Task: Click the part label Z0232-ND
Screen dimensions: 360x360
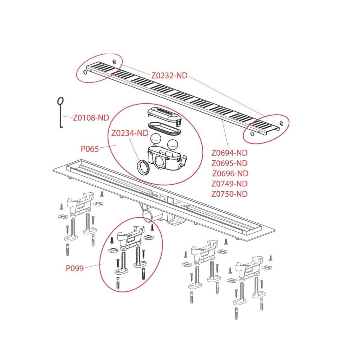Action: [x=169, y=76]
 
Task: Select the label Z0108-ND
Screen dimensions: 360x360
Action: [x=91, y=118]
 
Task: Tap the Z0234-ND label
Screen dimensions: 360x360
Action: [x=130, y=133]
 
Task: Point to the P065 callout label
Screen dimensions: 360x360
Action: [x=90, y=149]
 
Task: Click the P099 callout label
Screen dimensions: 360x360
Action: [x=75, y=268]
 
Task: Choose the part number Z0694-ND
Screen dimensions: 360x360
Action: [x=229, y=153]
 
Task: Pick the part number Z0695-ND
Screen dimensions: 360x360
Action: [x=229, y=163]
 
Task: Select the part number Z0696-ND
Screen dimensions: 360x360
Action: [x=230, y=173]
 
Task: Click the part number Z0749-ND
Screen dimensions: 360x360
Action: [x=229, y=184]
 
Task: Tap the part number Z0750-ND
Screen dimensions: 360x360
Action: [x=229, y=194]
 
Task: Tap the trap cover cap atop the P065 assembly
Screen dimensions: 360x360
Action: [x=165, y=115]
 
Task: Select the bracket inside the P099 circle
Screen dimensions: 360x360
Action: [x=130, y=238]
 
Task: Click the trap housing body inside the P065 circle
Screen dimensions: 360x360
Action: [x=166, y=159]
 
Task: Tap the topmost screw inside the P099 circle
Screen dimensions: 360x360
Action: [x=152, y=227]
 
